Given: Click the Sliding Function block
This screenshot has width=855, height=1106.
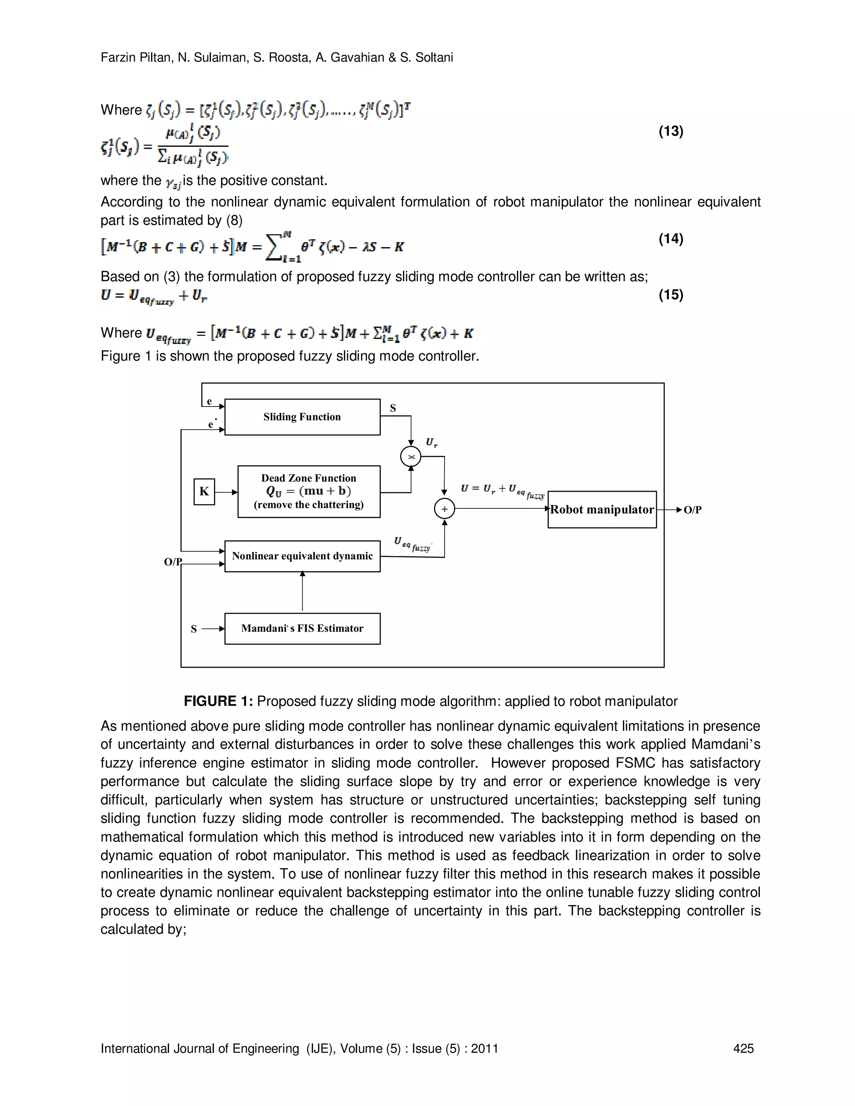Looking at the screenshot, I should point(302,417).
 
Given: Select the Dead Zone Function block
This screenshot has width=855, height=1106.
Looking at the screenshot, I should point(309,491).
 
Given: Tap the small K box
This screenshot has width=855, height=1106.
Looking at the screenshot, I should point(204,491).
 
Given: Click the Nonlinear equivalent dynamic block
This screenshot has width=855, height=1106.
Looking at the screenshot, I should point(302,556).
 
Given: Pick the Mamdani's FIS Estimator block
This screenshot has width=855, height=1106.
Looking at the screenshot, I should point(302,629).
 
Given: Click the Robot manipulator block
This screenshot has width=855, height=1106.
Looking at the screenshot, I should point(602,510).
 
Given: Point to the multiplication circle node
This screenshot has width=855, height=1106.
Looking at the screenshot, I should point(411,457).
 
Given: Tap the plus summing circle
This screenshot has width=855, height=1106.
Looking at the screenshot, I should point(444,509).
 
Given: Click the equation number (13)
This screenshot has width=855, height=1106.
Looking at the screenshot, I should point(670,131).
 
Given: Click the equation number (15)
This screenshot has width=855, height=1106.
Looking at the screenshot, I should point(670,295).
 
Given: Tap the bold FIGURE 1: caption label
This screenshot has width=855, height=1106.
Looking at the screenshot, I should point(218,702).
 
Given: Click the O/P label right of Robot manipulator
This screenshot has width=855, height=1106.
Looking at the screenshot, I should point(693,510).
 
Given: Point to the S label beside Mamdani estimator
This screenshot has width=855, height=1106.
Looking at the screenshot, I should point(193,629).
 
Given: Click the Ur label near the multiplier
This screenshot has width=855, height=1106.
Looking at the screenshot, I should point(431,442).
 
